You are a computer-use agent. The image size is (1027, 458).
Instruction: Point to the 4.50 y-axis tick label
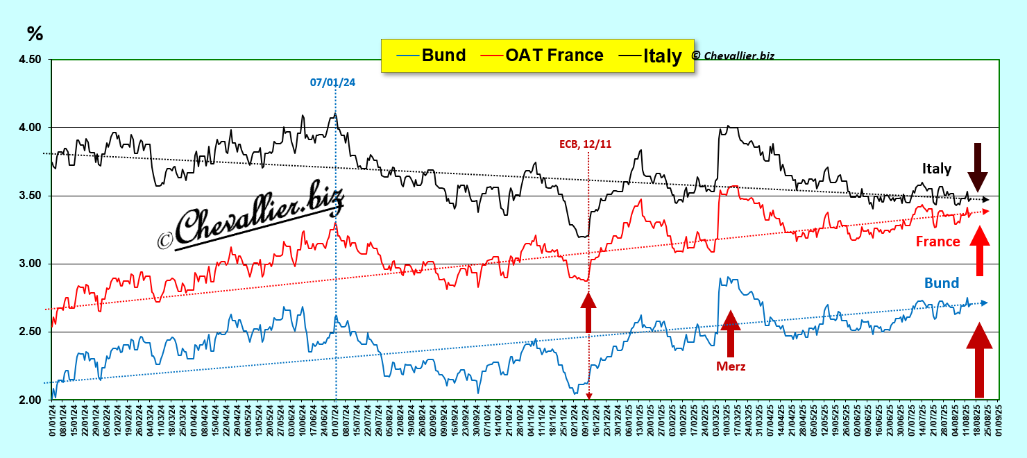pyautogui.click(x=28, y=60)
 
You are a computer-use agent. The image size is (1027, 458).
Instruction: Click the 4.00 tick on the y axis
pyautogui.click(x=28, y=128)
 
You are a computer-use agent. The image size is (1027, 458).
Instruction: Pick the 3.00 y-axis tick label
pyautogui.click(x=28, y=264)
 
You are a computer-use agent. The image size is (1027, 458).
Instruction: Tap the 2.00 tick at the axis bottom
pyautogui.click(x=28, y=400)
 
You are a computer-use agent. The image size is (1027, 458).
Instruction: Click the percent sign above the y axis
pyautogui.click(x=35, y=33)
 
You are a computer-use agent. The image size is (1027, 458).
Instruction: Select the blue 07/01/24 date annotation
pyautogui.click(x=332, y=83)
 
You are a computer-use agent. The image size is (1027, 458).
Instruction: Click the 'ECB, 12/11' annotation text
pyautogui.click(x=585, y=144)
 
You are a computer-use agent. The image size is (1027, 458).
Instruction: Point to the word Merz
pyautogui.click(x=731, y=366)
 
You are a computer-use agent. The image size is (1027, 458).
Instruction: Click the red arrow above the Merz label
pyautogui.click(x=729, y=333)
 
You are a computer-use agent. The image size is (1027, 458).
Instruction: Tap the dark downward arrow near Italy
pyautogui.click(x=978, y=167)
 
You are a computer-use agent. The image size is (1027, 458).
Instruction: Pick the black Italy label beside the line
pyautogui.click(x=937, y=169)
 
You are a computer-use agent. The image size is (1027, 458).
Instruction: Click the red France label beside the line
pyautogui.click(x=937, y=241)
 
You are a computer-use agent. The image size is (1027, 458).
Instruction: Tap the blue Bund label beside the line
pyautogui.click(x=941, y=283)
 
